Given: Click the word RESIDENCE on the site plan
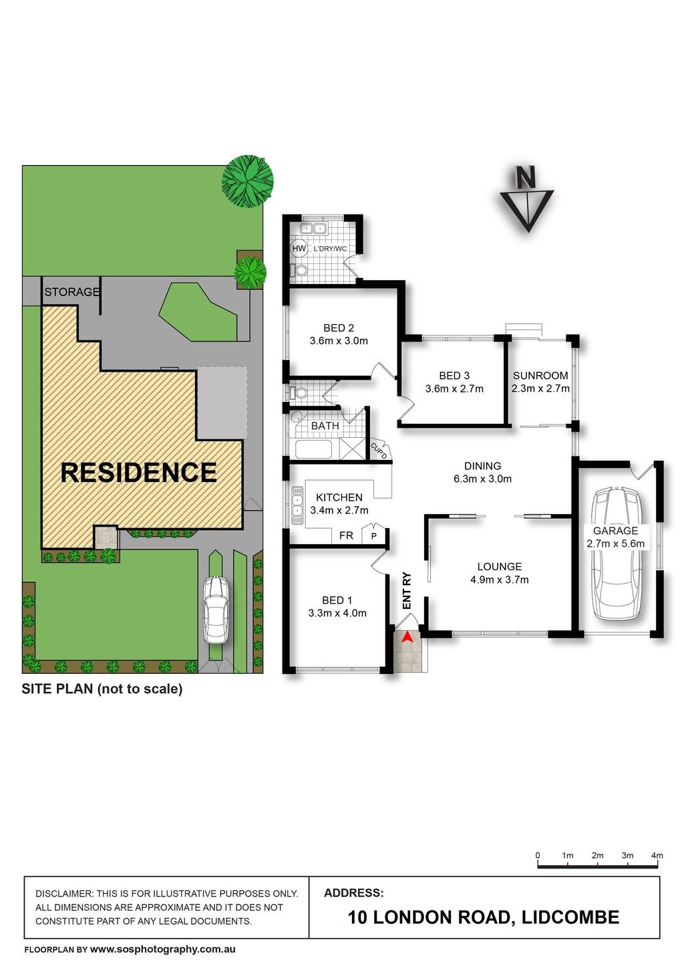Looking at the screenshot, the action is pyautogui.click(x=138, y=472).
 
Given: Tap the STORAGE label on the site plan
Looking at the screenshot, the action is pyautogui.click(x=71, y=292).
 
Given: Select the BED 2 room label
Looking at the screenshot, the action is pyautogui.click(x=339, y=328).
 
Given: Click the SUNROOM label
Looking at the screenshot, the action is pyautogui.click(x=540, y=376).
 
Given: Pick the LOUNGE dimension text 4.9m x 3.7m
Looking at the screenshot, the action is pyautogui.click(x=499, y=580).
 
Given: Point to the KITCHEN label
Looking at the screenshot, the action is pyautogui.click(x=339, y=497).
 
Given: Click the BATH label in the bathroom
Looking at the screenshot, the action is pyautogui.click(x=325, y=426).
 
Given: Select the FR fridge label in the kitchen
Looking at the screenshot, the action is pyautogui.click(x=346, y=535).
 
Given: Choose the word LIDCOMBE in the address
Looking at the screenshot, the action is pyautogui.click(x=570, y=917).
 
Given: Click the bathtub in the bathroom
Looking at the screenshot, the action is pyautogui.click(x=314, y=449).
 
